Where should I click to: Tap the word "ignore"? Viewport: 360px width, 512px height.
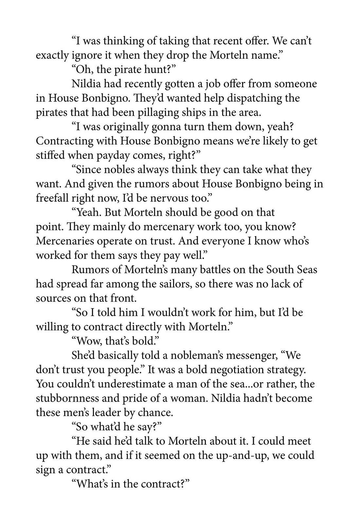point(86,55)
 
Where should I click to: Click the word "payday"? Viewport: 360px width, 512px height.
point(113,155)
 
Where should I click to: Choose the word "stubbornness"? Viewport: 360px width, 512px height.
point(69,398)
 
